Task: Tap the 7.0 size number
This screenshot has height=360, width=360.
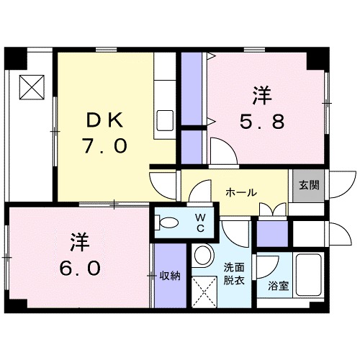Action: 105,146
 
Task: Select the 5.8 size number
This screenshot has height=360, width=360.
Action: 262,122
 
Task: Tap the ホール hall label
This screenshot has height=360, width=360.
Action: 239,192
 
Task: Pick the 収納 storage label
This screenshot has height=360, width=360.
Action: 171,274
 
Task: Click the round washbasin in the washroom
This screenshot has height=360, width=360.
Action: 204,256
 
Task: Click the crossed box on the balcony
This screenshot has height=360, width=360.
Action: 31,88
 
